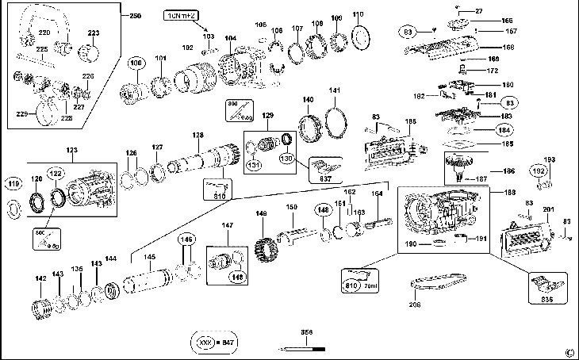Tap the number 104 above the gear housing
click(230, 37)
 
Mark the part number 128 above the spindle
click(197, 136)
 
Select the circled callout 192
click(539, 172)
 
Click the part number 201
click(548, 209)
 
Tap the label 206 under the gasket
click(414, 304)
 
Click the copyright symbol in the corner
click(569, 352)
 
